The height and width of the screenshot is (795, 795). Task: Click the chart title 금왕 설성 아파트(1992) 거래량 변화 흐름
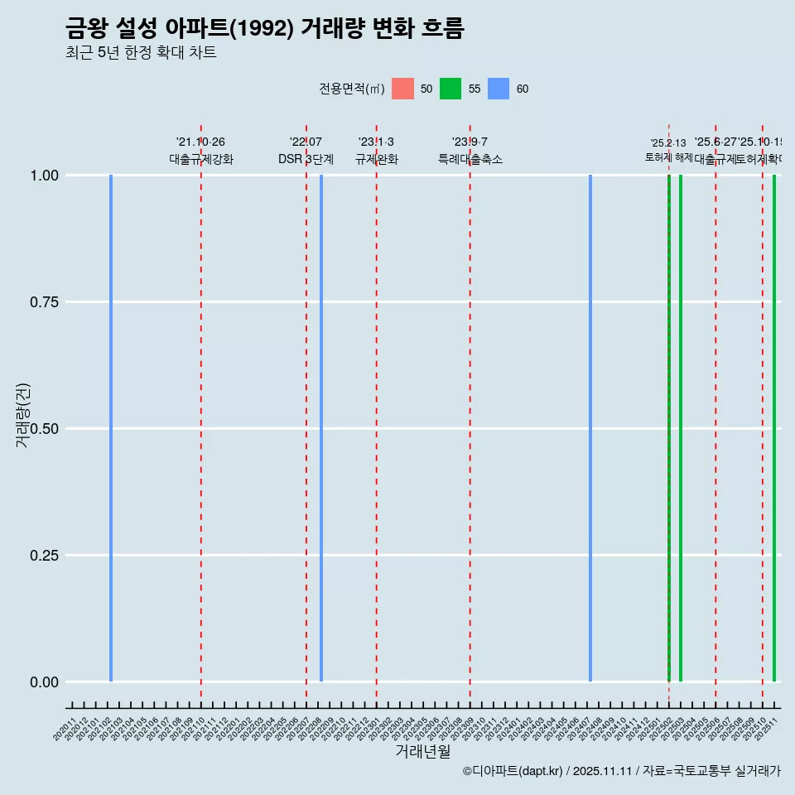coord(264,29)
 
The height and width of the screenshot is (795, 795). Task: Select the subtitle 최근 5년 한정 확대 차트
coord(141,53)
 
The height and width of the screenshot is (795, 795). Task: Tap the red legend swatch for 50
coord(402,89)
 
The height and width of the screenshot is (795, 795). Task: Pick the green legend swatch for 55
coord(450,89)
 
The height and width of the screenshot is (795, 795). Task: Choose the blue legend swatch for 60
coord(499,89)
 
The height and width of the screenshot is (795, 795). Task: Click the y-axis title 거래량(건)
coord(23,415)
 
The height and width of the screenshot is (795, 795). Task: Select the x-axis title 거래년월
coord(422,752)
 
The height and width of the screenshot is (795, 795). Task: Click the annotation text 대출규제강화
coord(201,159)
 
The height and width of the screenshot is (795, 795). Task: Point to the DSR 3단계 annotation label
coord(306,159)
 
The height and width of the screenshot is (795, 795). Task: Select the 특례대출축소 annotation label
coord(470,159)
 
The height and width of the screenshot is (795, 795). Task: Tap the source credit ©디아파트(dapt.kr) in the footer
coord(513,771)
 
